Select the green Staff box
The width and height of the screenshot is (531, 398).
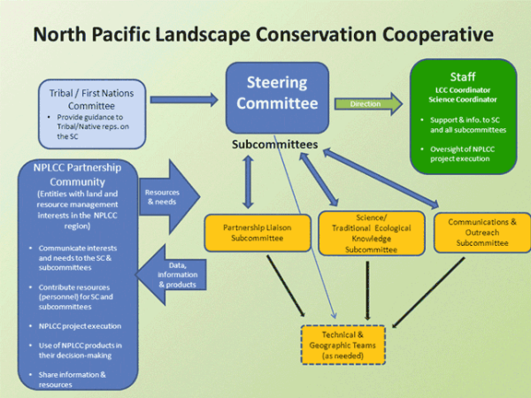[x=462, y=115]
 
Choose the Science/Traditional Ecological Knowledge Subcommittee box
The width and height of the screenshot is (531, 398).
[x=367, y=232]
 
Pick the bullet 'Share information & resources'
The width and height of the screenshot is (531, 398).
[x=71, y=379]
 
